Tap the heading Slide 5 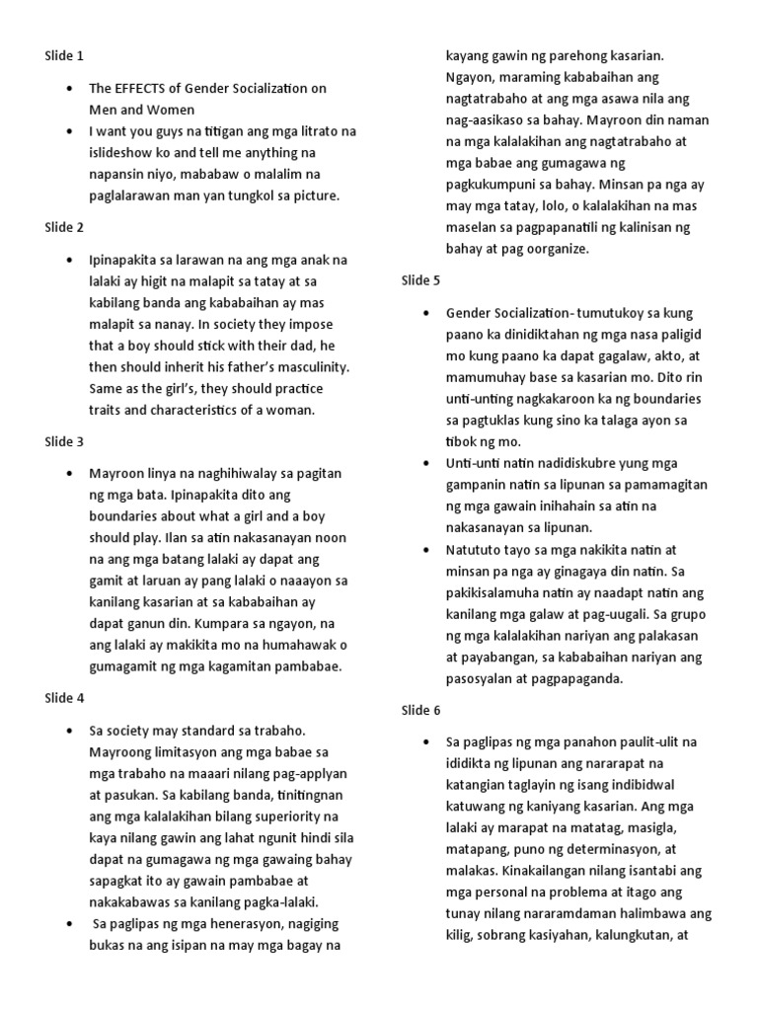tap(420, 281)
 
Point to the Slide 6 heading tap(420, 711)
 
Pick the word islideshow tap(124, 153)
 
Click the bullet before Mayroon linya tap(69, 474)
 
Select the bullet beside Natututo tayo tap(425, 550)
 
